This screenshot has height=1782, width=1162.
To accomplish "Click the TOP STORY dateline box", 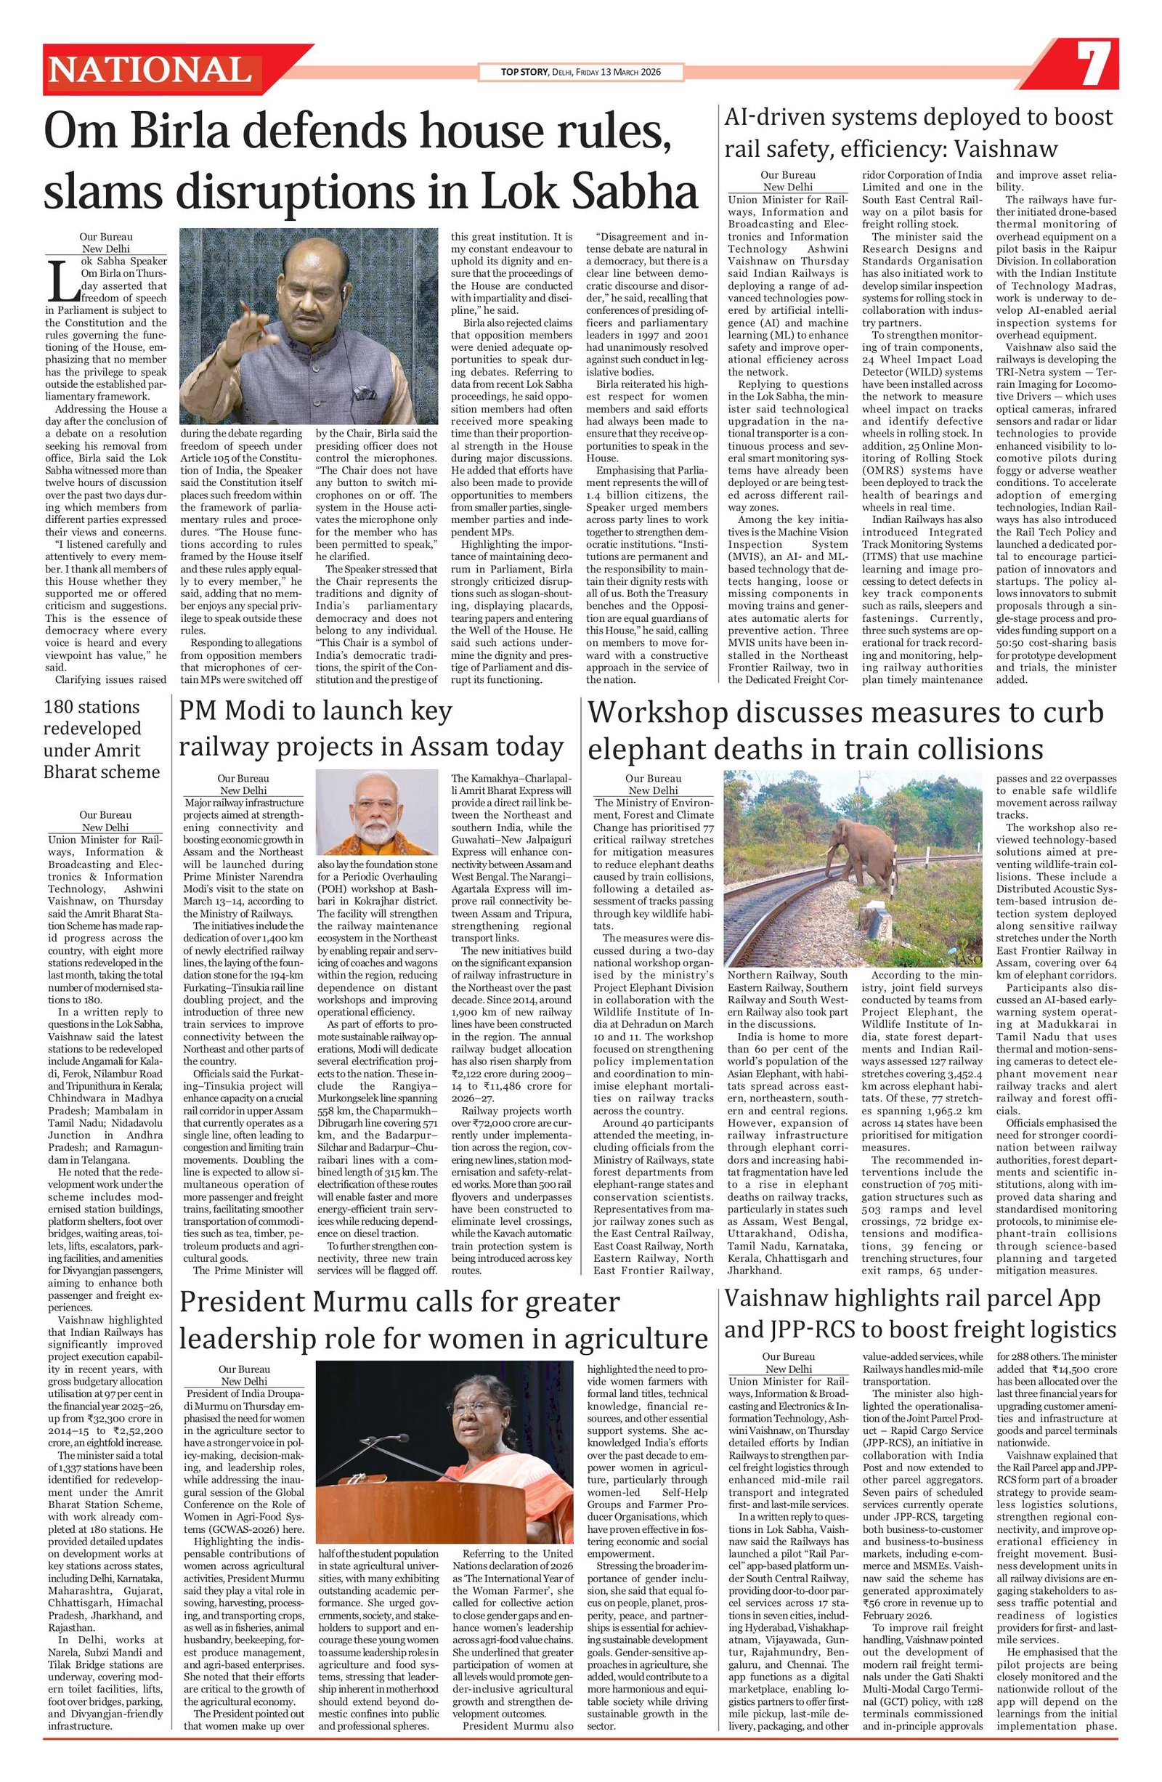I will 581,73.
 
